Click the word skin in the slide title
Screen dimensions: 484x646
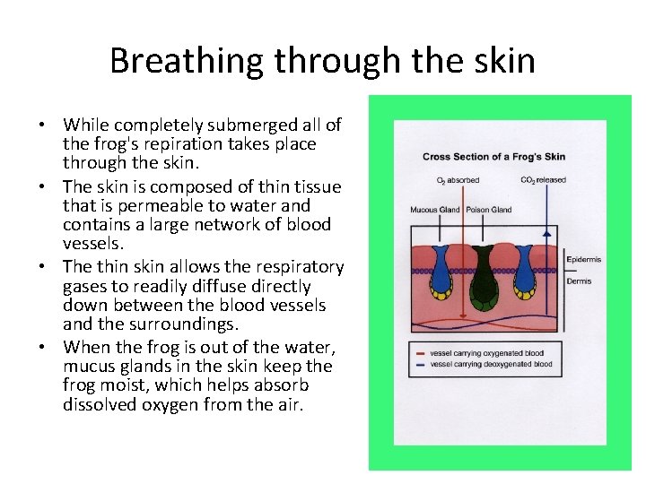pyautogui.click(x=504, y=61)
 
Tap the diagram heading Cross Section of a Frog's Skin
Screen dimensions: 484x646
pyautogui.click(x=493, y=157)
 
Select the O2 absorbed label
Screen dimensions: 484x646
pyautogui.click(x=458, y=180)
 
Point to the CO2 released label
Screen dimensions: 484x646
pyautogui.click(x=543, y=180)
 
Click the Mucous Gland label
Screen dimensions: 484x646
pyautogui.click(x=435, y=210)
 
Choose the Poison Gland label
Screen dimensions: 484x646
pyautogui.click(x=489, y=210)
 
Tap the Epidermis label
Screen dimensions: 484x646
pyautogui.click(x=584, y=260)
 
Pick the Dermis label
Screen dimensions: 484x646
pyautogui.click(x=579, y=281)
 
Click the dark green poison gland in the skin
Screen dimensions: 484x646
pyautogui.click(x=484, y=273)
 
